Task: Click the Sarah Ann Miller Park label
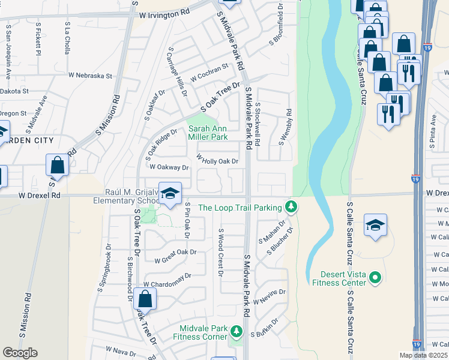(x=208, y=133)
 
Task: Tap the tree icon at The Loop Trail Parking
(x=291, y=207)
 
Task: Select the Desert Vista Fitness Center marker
(x=375, y=277)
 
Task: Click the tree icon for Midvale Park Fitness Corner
(x=237, y=331)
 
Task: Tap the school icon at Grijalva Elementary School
(x=170, y=193)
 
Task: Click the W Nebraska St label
(x=90, y=76)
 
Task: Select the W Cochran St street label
(x=210, y=73)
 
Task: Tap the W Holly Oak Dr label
(x=218, y=160)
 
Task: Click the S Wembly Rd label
(x=285, y=127)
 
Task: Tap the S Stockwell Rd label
(x=258, y=122)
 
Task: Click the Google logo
(x=20, y=353)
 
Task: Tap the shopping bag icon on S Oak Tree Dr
(x=145, y=298)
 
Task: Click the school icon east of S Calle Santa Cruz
(x=376, y=225)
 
